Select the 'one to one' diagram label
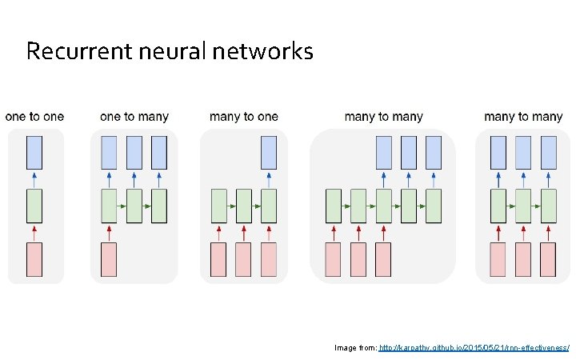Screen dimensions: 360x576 pos(34,117)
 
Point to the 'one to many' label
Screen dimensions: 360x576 pos(134,117)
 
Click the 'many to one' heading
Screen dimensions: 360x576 pos(244,117)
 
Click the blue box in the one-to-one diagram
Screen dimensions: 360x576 pos(34,152)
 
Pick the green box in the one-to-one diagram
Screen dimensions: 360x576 pos(34,206)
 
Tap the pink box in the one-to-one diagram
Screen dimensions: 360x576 pos(34,259)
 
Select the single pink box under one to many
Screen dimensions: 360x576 pos(109,259)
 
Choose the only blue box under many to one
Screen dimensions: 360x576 pos(269,152)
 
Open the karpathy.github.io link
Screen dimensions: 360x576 pos(474,348)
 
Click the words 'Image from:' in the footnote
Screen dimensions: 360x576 pos(355,348)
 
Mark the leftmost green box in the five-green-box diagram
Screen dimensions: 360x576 pos(333,206)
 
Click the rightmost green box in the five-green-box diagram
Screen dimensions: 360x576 pos(434,206)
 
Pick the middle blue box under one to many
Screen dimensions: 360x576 pos(134,152)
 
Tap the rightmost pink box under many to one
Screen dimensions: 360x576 pos(269,259)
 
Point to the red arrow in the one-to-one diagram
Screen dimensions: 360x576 pos(34,233)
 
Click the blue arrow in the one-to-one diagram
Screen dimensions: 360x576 pos(34,178)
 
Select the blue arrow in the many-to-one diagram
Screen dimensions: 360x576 pos(269,178)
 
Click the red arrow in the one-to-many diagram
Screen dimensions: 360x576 pos(109,233)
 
